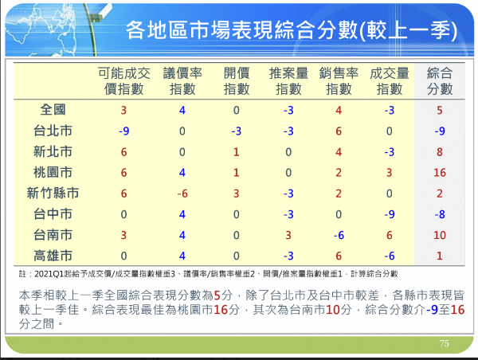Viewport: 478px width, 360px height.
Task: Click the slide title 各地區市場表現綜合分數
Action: coord(242,30)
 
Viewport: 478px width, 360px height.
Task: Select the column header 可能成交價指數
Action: coord(124,81)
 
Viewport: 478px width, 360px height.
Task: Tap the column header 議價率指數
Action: coord(182,81)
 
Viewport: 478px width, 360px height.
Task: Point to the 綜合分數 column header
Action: coord(440,81)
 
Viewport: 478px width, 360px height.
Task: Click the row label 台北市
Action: coord(53,131)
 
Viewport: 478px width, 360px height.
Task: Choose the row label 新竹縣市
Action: coord(53,194)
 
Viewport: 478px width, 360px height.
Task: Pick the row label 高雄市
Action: coord(53,256)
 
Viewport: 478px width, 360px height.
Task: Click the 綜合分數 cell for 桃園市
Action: coord(440,173)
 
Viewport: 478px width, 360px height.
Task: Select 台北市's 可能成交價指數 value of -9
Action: coord(123,131)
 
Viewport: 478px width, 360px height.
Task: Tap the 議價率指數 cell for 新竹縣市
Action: coord(182,194)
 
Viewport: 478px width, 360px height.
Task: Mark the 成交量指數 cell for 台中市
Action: coord(390,214)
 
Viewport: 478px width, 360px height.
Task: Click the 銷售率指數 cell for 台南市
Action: coord(339,235)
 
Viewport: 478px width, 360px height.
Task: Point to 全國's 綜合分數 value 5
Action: coord(440,111)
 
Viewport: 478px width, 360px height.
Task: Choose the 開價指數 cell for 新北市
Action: coord(237,152)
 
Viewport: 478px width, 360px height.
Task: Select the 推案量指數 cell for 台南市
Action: coord(288,235)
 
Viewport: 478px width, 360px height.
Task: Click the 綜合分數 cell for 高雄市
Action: coord(440,256)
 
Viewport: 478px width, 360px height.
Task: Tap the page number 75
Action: coord(445,343)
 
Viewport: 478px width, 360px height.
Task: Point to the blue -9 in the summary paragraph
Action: coord(432,310)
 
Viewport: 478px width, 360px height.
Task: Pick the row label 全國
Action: coord(53,110)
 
